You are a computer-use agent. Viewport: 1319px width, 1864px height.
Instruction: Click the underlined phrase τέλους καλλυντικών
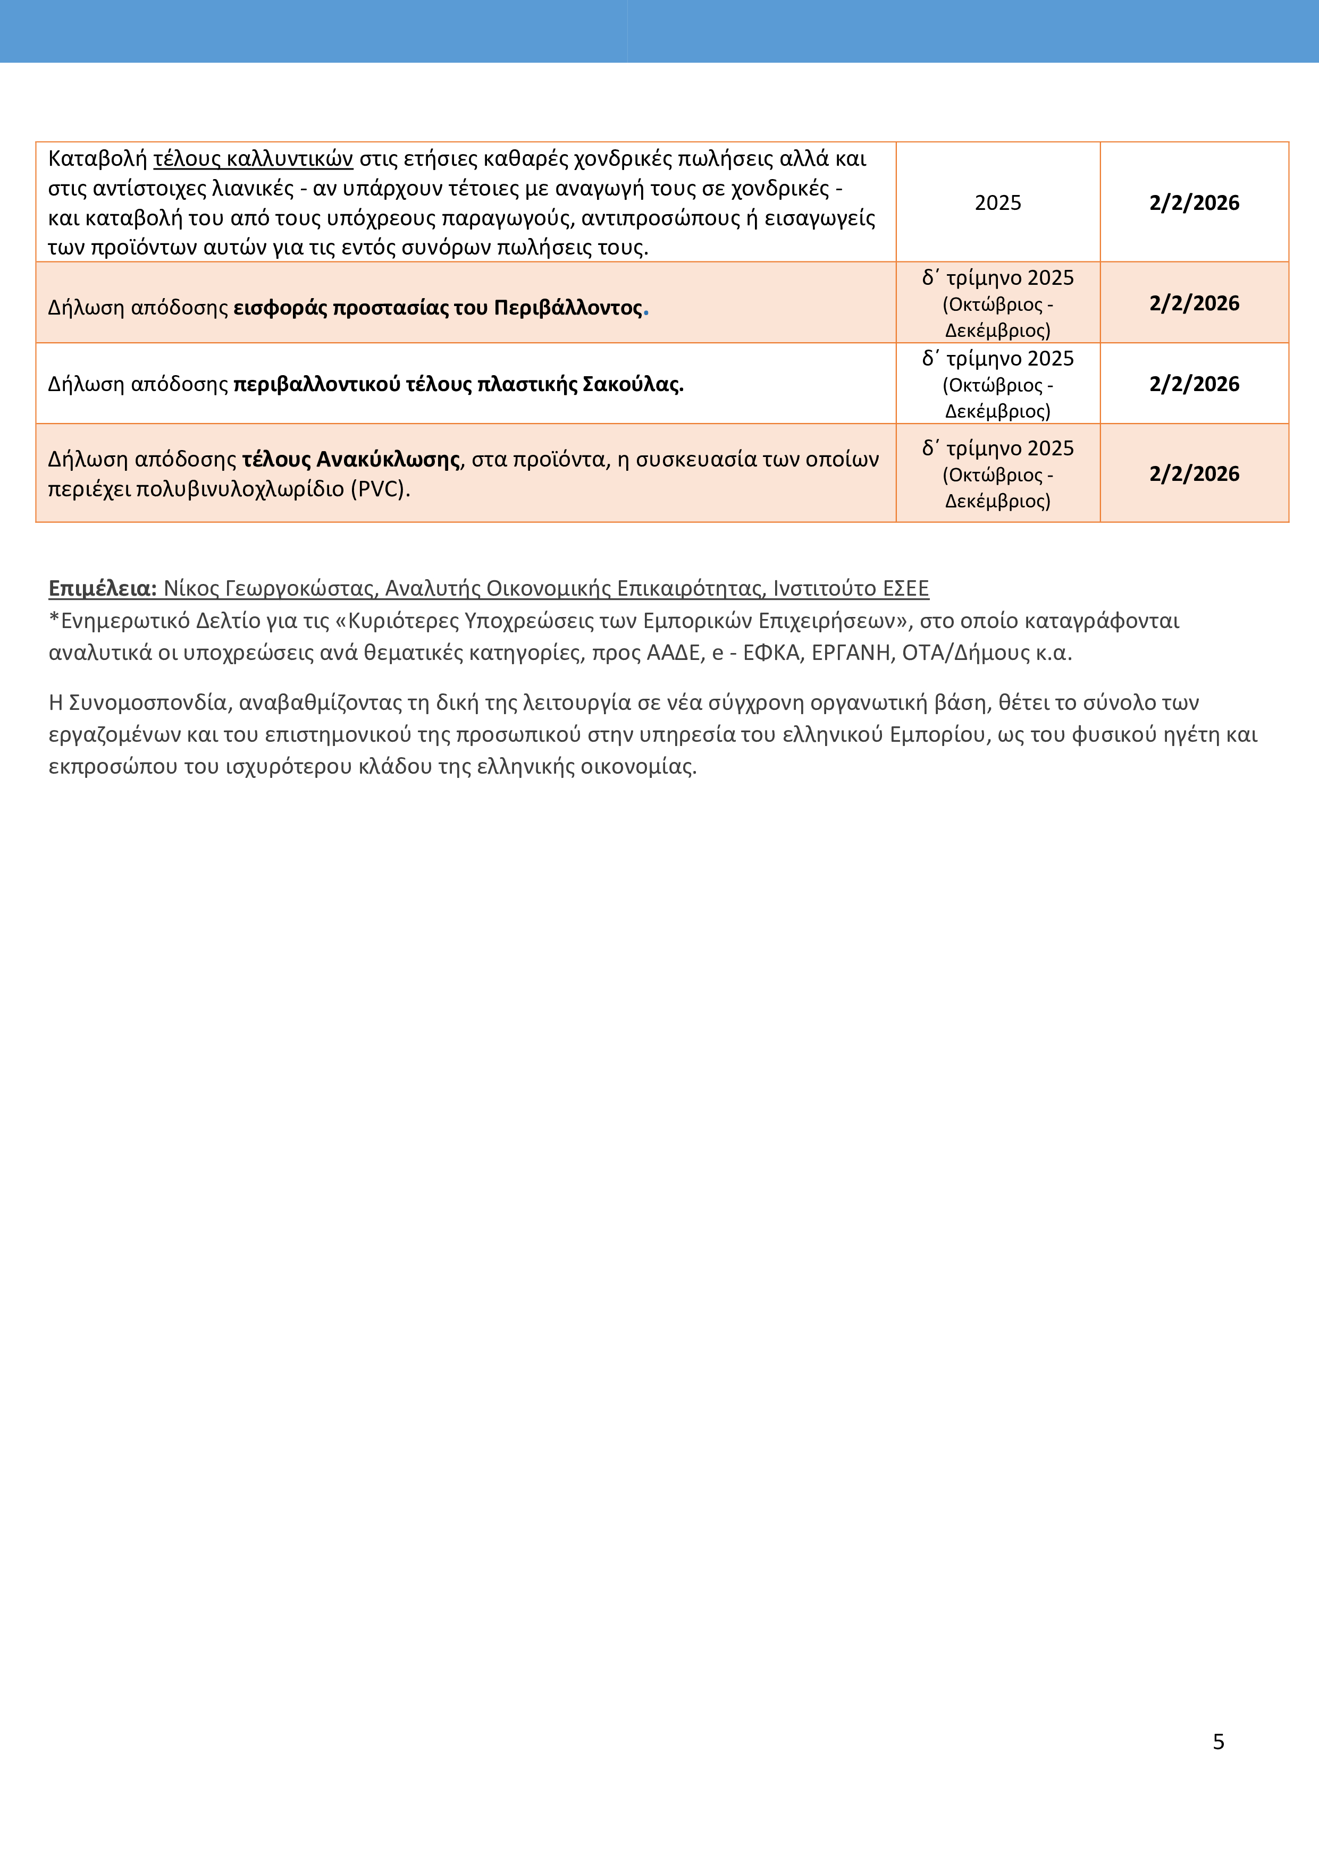(x=253, y=158)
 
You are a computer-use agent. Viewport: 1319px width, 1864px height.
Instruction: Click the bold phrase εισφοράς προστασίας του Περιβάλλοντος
(x=438, y=308)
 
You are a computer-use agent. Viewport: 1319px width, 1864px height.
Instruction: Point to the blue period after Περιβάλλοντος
(x=646, y=310)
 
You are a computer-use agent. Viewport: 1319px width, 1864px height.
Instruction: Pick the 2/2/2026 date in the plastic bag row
(x=1194, y=384)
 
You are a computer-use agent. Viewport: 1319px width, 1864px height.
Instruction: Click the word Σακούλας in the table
(x=633, y=384)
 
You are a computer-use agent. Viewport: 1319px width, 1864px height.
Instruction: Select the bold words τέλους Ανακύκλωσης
(x=351, y=460)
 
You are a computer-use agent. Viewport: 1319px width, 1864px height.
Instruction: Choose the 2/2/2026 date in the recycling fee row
(x=1194, y=474)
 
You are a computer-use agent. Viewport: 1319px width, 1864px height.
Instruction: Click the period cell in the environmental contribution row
(x=997, y=303)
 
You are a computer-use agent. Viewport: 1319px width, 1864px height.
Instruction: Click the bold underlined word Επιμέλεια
(x=102, y=589)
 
